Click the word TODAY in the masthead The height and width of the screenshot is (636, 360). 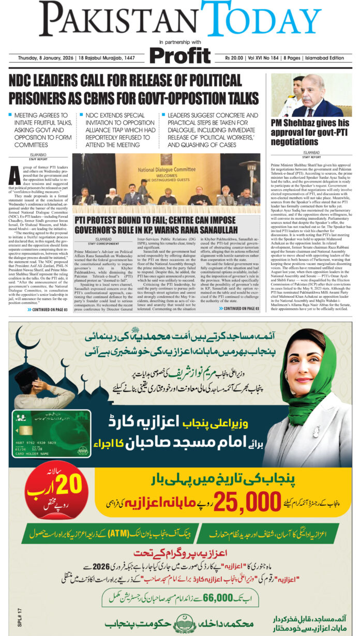[x=261, y=21]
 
